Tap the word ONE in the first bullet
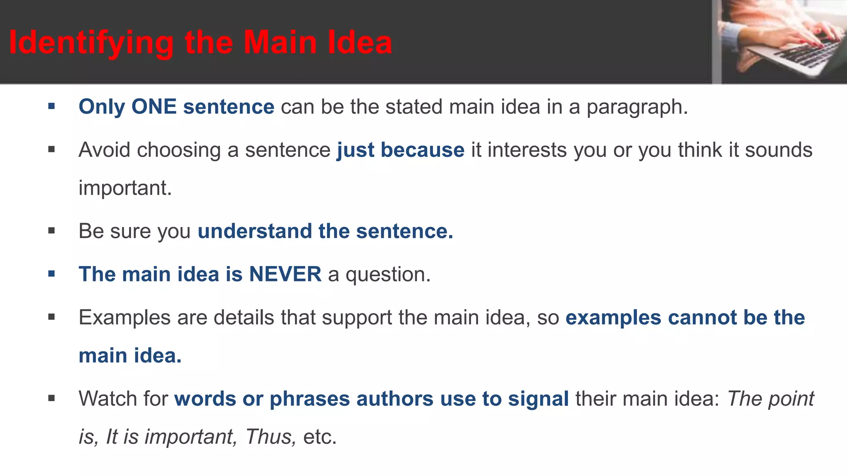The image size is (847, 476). point(154,107)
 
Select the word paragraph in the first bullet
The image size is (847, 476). point(637,107)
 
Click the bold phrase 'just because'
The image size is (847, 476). point(400,150)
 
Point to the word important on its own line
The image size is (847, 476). point(125,188)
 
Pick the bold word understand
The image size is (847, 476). point(255,231)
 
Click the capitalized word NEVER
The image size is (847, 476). point(285,274)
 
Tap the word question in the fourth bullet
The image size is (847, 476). point(388,275)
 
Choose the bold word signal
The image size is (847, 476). point(538,399)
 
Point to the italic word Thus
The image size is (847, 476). point(270,437)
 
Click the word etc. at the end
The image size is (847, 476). point(320,437)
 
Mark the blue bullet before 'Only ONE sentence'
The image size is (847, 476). point(51,107)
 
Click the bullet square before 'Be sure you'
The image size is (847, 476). point(51,231)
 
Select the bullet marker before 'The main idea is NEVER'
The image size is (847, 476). point(51,274)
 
